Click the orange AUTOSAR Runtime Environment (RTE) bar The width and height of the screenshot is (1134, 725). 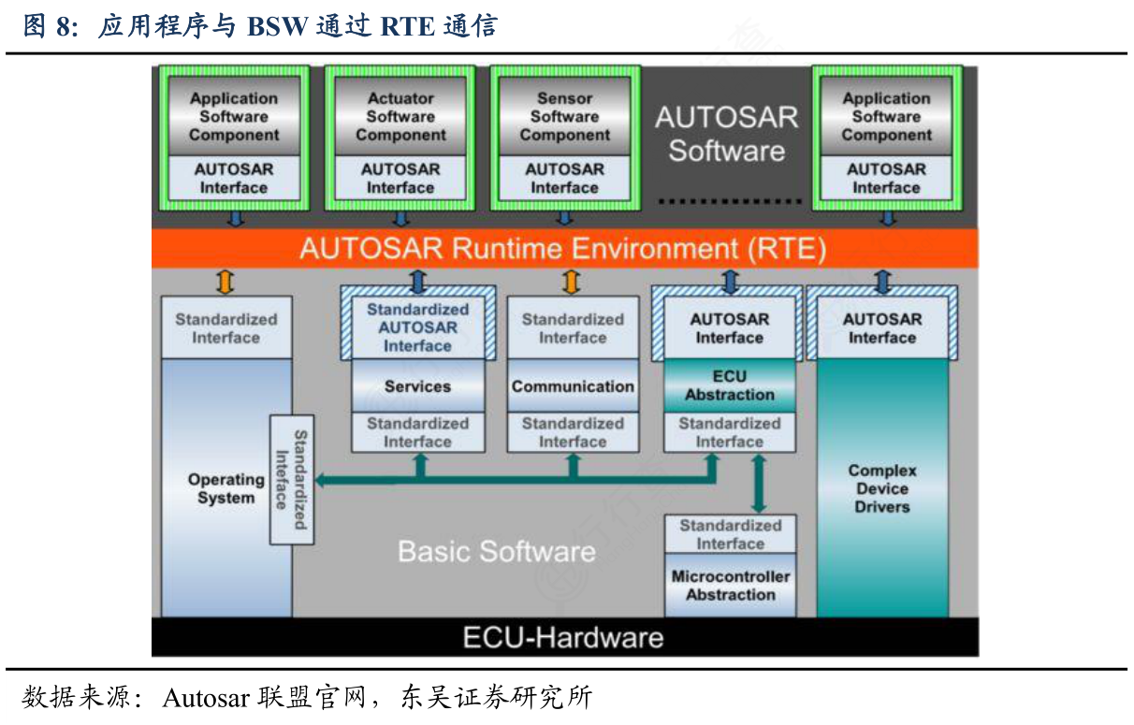(x=564, y=250)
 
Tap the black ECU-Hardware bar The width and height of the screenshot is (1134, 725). (x=564, y=638)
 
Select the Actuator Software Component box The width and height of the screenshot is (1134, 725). (x=400, y=116)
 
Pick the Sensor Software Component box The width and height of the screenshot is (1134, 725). (x=564, y=116)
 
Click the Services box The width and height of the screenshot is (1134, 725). (x=417, y=386)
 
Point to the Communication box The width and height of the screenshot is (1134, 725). (x=573, y=386)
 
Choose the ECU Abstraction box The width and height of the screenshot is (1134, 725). (x=730, y=385)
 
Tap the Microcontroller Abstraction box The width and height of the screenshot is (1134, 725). (x=731, y=586)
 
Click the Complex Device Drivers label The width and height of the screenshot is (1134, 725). (x=882, y=489)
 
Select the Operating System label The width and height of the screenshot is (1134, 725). (x=225, y=489)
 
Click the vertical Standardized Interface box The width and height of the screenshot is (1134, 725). (x=291, y=480)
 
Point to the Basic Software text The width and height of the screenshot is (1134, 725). (x=497, y=551)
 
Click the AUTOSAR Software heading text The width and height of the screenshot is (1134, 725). (x=726, y=134)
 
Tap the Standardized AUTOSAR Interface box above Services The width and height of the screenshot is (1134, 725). (x=417, y=327)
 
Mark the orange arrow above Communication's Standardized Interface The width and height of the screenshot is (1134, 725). (x=572, y=282)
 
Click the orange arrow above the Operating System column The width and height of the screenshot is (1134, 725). (x=225, y=282)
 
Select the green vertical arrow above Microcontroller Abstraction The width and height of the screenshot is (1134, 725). (x=758, y=484)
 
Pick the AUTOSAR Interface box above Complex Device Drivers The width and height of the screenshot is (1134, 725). (x=882, y=328)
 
